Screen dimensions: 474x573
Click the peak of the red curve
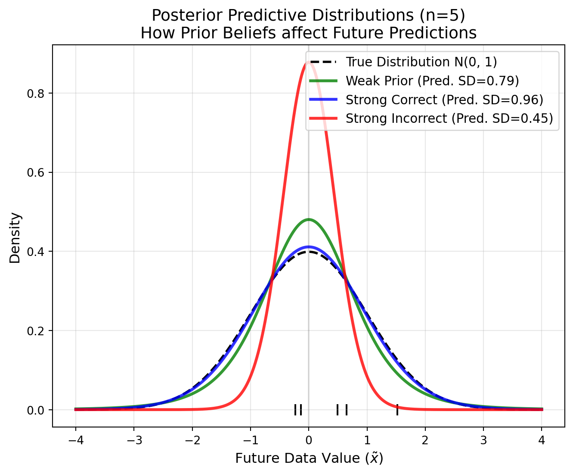tap(309, 62)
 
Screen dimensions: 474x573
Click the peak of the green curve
tap(309, 219)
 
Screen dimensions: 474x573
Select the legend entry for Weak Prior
tap(432, 81)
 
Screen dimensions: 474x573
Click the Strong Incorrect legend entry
tap(449, 118)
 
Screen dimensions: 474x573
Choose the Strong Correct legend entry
tap(444, 100)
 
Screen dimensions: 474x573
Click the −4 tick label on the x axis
tap(75, 440)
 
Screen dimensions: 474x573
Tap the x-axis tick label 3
tap(483, 440)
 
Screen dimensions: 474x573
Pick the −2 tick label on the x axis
tap(192, 440)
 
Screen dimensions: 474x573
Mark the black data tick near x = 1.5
tap(397, 410)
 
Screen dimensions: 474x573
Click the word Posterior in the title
tap(182, 16)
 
